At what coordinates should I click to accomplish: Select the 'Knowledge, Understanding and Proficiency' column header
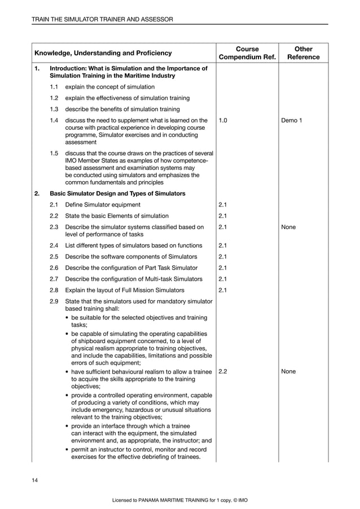pos(103,53)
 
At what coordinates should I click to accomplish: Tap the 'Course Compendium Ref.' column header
pos(247,53)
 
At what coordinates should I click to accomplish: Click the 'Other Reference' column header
pos(303,53)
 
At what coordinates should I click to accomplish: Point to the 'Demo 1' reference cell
pos(292,120)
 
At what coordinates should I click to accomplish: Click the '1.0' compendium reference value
pos(223,120)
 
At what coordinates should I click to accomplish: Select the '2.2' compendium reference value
pos(223,372)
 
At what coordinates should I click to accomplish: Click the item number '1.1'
pos(54,87)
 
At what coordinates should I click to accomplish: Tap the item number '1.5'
pos(54,153)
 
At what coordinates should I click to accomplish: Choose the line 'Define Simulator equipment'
pos(103,205)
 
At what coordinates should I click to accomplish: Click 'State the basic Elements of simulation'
pos(117,216)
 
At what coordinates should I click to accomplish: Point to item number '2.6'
pos(54,267)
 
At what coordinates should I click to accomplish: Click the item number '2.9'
pos(54,301)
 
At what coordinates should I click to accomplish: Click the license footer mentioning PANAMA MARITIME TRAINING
pos(180,500)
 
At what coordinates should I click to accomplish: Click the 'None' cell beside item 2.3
pos(288,227)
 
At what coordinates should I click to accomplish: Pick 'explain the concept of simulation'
pos(109,87)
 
